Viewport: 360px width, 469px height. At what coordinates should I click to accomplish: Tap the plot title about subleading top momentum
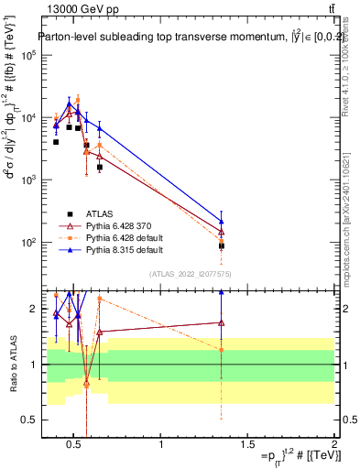(x=180, y=38)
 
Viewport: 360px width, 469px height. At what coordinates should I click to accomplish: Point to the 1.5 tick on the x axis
(x=248, y=444)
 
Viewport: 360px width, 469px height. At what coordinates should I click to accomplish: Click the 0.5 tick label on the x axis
(x=75, y=444)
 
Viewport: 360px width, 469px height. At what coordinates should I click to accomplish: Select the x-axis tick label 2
(x=334, y=444)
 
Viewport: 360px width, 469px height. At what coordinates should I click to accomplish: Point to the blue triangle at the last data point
(x=222, y=221)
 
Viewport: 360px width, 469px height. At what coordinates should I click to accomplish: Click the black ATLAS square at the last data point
(x=222, y=245)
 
